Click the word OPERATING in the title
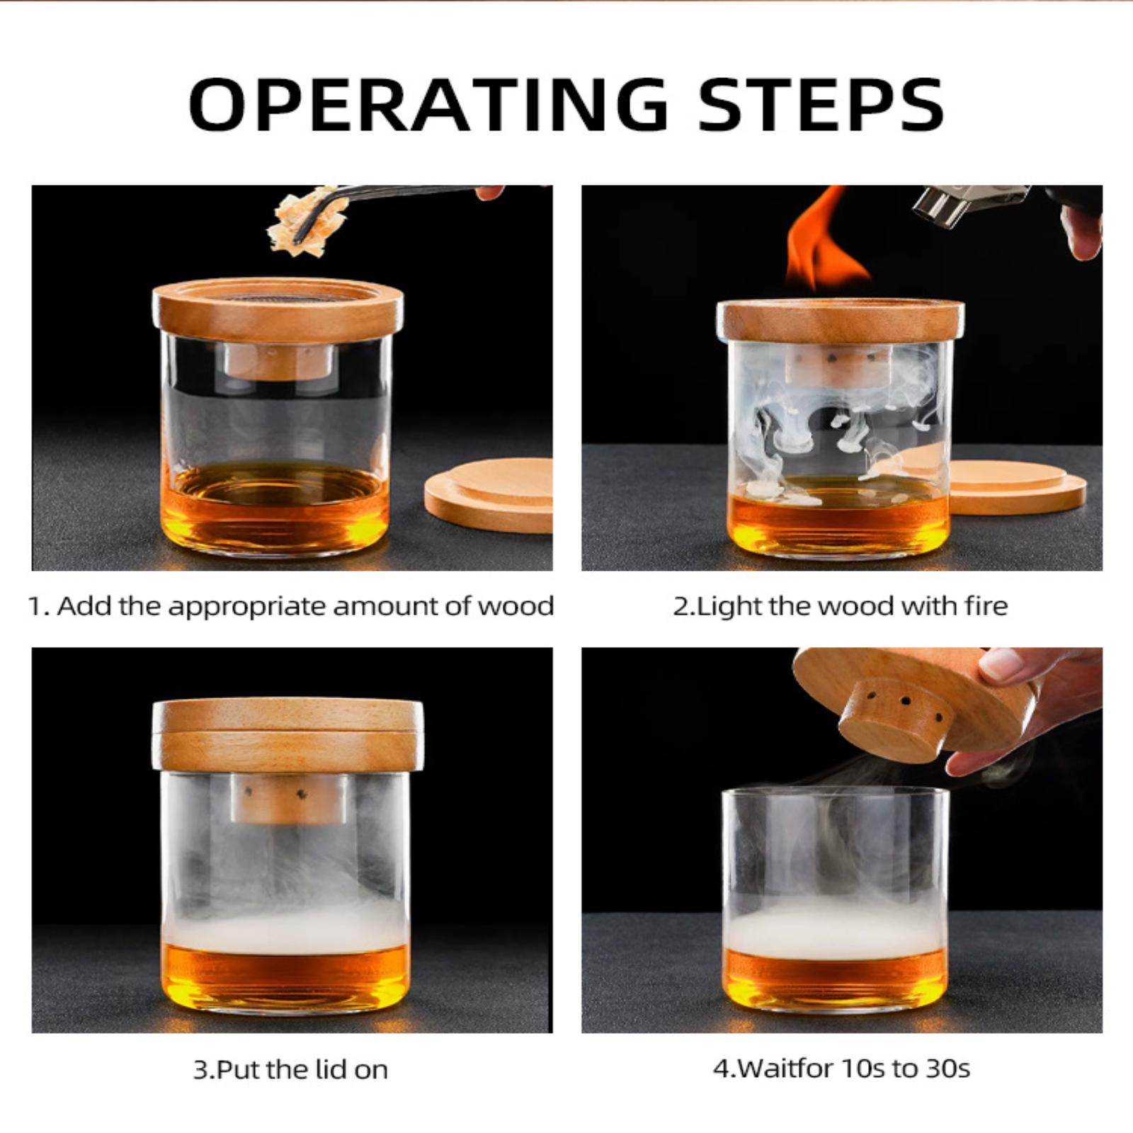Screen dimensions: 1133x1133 pyautogui.click(x=429, y=104)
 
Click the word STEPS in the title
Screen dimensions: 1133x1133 pyautogui.click(x=821, y=104)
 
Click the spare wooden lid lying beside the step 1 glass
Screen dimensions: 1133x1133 pyautogui.click(x=489, y=495)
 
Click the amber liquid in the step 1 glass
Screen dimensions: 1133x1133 pyautogui.click(x=276, y=506)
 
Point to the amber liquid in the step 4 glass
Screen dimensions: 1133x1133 pyautogui.click(x=836, y=980)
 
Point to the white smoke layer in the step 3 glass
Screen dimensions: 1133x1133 pyautogui.click(x=286, y=928)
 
